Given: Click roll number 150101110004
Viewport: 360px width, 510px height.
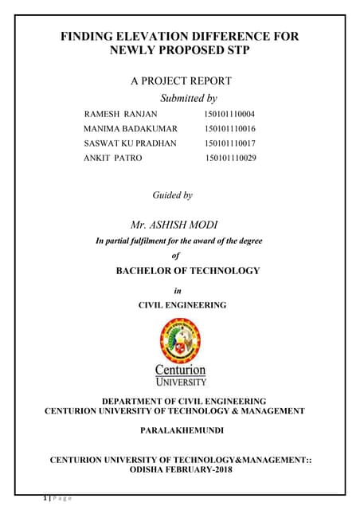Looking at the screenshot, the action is (x=230, y=115).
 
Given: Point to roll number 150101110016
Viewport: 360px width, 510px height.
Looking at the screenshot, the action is (x=230, y=129).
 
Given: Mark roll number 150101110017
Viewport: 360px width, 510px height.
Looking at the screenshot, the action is (x=230, y=143).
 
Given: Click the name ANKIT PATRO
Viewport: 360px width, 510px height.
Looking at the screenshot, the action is (x=112, y=158).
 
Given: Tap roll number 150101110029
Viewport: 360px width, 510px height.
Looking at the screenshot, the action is (x=231, y=158).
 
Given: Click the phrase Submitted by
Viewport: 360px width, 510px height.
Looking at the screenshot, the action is (x=189, y=99).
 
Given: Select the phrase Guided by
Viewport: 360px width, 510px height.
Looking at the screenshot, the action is (x=172, y=194).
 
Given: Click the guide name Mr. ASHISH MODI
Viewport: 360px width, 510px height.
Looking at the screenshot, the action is (x=180, y=224).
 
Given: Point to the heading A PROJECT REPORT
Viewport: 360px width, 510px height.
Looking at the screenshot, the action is (x=180, y=81).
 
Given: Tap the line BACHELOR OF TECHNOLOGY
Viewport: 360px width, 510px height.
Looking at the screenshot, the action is (x=188, y=271).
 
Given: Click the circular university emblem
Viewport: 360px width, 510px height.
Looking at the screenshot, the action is (x=181, y=339).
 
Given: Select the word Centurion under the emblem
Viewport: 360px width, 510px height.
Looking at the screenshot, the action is (x=181, y=370).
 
